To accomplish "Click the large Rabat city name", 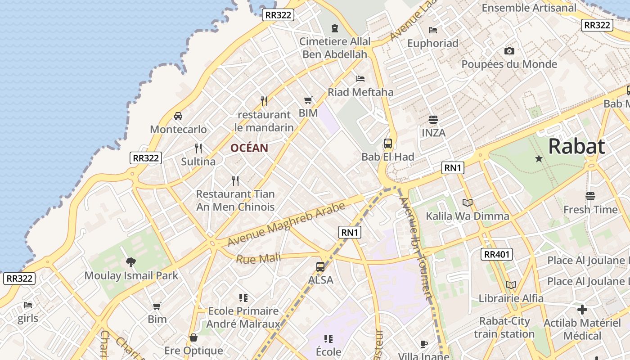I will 576,146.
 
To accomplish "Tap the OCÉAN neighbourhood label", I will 249,148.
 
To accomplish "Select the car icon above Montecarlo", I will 178,116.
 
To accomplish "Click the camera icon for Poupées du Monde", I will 509,51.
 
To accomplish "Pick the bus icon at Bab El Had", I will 388,144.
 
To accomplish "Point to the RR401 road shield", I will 496,254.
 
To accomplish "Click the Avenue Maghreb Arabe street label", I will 286,224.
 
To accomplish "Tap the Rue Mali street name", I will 258,258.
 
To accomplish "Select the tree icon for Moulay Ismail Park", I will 131,262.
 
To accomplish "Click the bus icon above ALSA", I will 320,266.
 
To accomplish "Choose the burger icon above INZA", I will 433,120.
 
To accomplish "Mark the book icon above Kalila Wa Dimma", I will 468,203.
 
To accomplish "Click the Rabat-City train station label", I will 504,328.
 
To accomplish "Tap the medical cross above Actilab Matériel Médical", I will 582,310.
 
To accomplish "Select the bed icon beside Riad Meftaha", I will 360,79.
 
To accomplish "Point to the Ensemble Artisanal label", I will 529,8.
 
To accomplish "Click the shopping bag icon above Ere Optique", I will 193,337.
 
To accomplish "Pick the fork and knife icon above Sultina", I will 198,148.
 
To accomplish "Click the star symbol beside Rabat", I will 539,158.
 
